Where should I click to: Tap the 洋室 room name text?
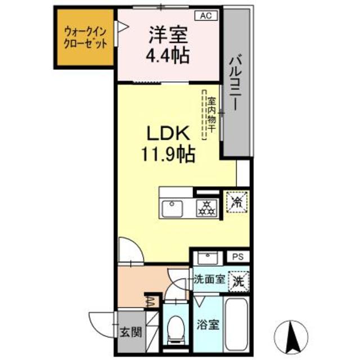[168, 35]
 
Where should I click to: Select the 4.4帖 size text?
[168, 56]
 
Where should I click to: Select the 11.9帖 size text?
[168, 152]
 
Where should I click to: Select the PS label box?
[237, 256]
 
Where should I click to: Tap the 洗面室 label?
[210, 278]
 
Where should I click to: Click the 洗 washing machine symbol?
[238, 280]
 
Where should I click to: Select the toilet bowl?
[177, 328]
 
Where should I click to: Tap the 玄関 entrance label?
[128, 332]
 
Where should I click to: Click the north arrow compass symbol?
[291, 335]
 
